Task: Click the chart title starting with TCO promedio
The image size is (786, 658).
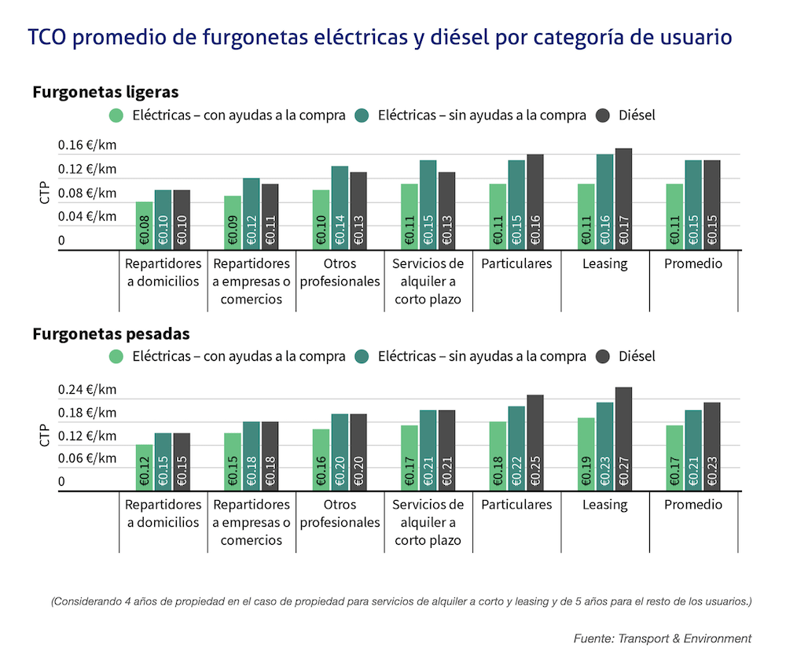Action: tap(380, 37)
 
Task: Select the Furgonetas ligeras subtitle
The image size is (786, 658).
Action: tap(105, 91)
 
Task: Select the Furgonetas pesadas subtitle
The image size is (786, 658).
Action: tap(111, 333)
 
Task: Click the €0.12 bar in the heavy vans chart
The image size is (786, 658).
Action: tap(144, 468)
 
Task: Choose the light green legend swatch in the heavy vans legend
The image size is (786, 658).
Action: tap(117, 357)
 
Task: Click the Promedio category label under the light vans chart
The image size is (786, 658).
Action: tap(692, 264)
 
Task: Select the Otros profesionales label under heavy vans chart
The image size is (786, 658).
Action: tap(340, 513)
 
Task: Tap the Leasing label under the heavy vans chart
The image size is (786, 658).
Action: tap(604, 505)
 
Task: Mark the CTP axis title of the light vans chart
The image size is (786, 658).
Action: tap(45, 193)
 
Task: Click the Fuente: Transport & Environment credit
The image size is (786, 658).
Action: tap(662, 638)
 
